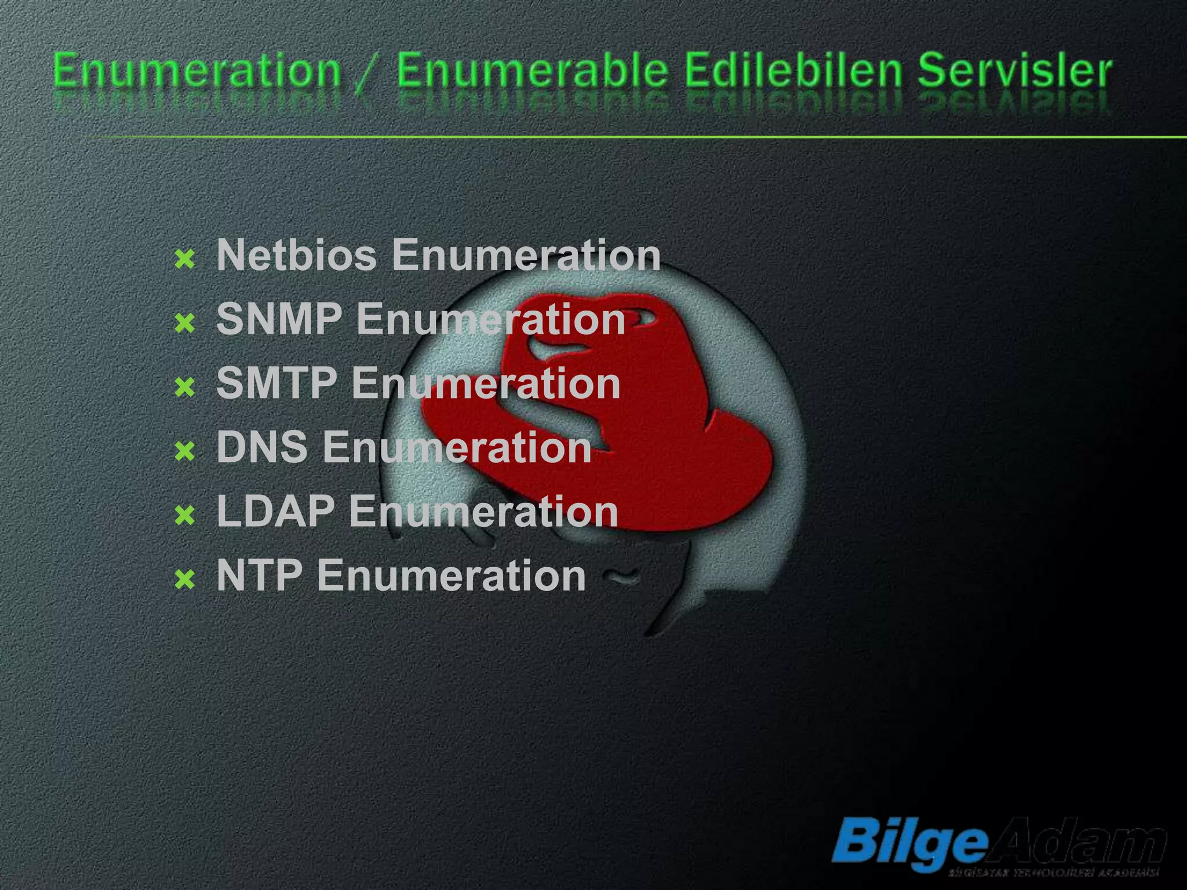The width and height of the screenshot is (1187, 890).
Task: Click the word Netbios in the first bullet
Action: pyautogui.click(x=296, y=255)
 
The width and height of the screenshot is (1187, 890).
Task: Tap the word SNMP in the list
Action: pyautogui.click(x=278, y=319)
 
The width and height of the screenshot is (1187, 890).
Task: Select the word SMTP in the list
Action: pyautogui.click(x=276, y=384)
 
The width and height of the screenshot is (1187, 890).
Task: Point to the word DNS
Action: pyautogui.click(x=261, y=447)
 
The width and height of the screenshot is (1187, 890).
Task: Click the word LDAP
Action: pyautogui.click(x=275, y=512)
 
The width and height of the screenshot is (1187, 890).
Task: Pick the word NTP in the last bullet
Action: pyautogui.click(x=259, y=576)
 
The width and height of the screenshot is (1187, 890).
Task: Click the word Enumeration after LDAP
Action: pyautogui.click(x=483, y=512)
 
